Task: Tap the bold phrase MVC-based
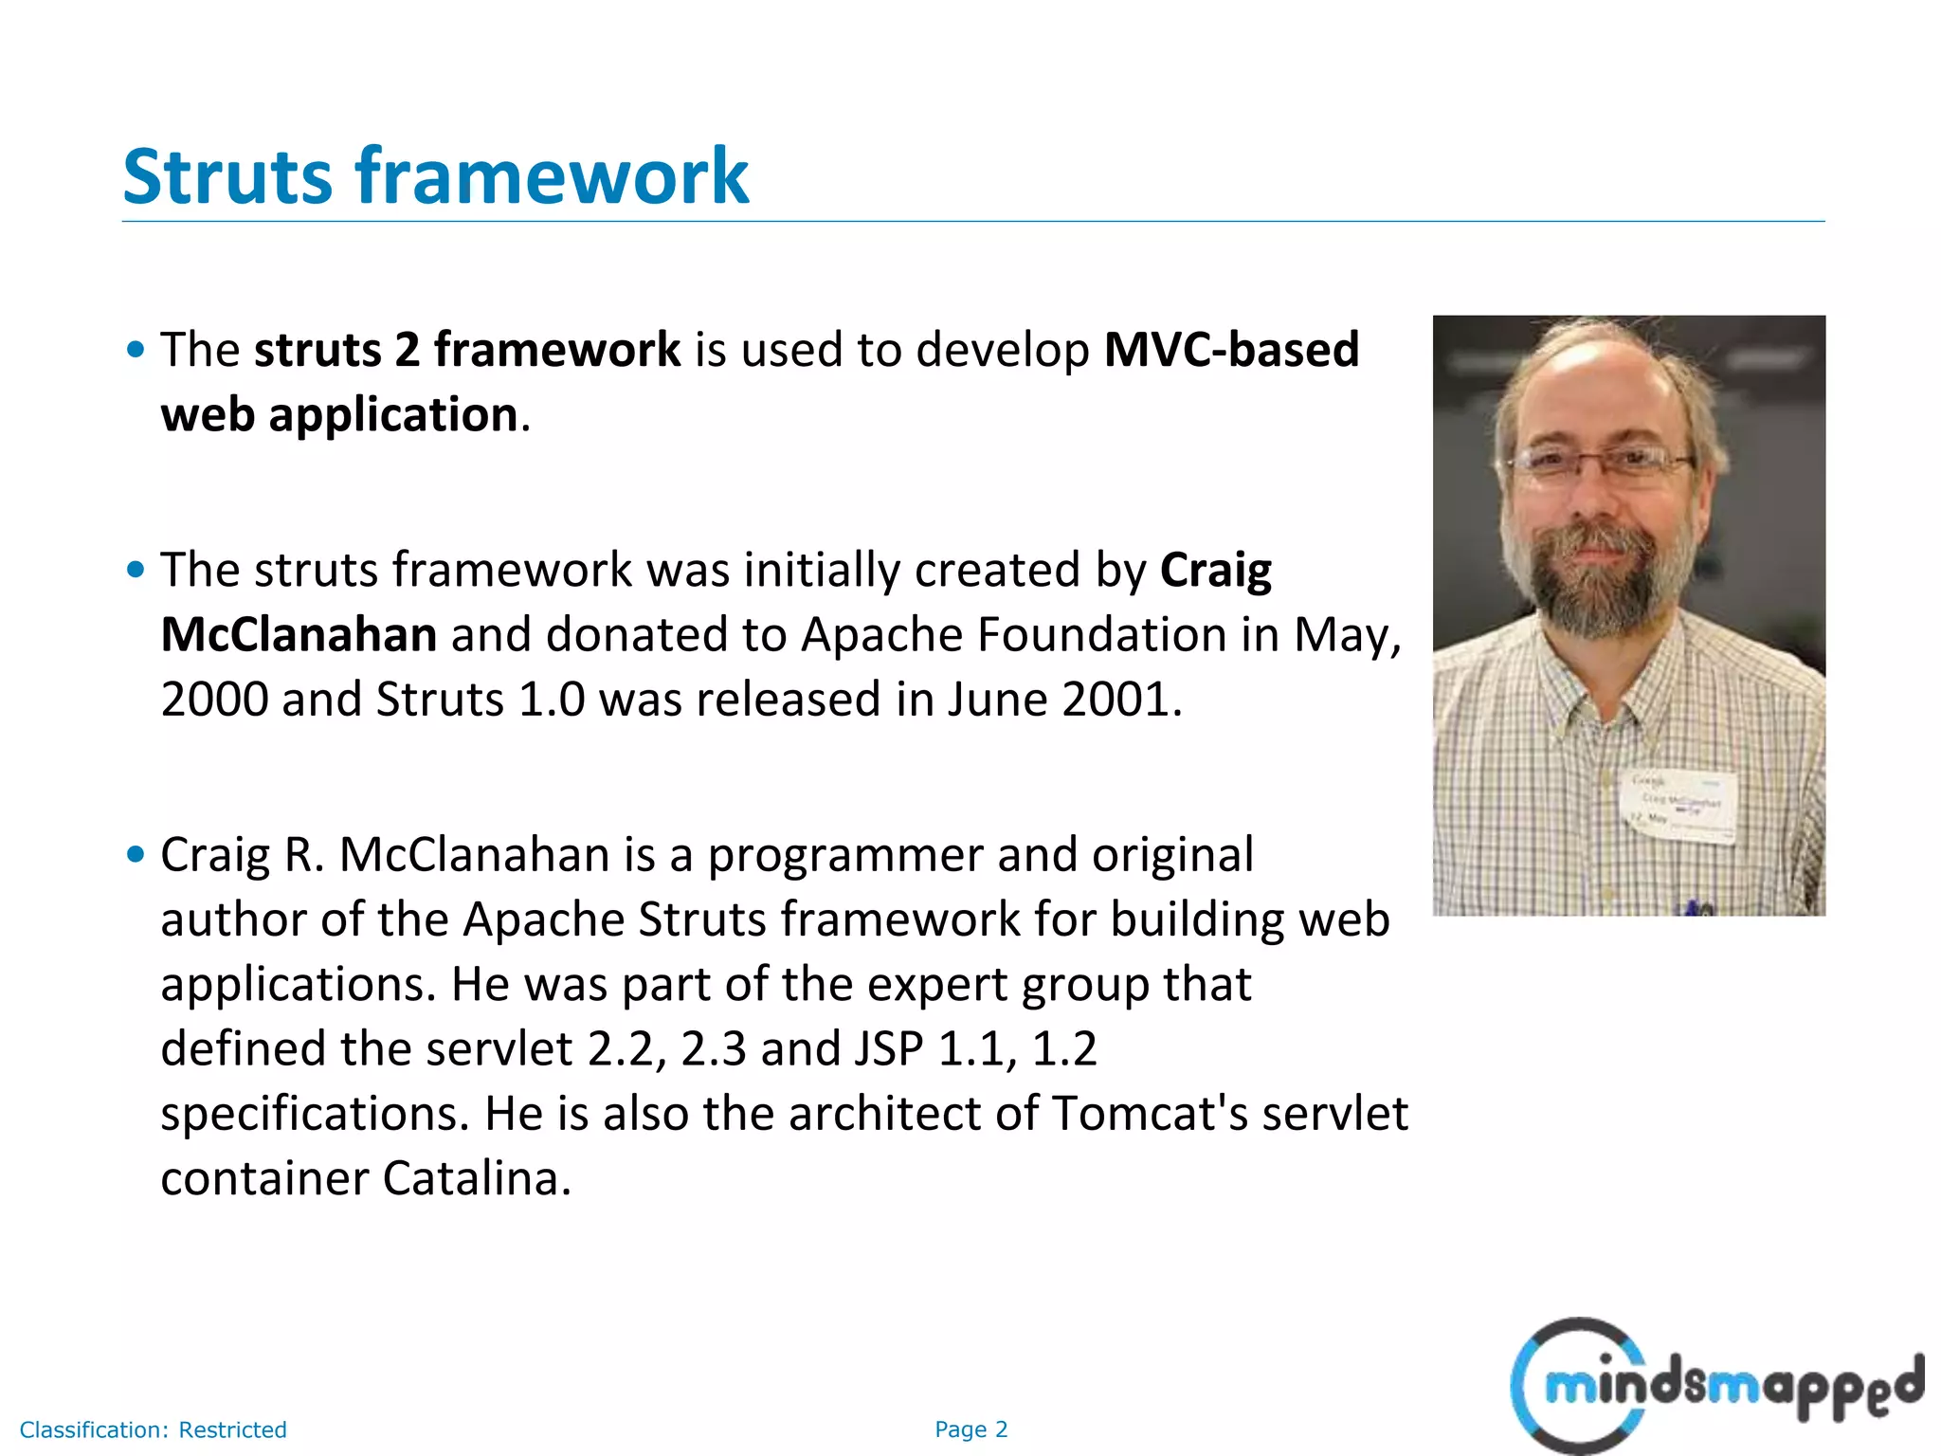coord(1231,350)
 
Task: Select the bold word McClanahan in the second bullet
coord(299,634)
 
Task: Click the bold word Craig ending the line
coord(1216,570)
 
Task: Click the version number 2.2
coord(620,1048)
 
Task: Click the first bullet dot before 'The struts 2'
coord(136,350)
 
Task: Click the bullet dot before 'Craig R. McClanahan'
coord(136,855)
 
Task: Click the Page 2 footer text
coord(970,1429)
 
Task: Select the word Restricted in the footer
coord(232,1429)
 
